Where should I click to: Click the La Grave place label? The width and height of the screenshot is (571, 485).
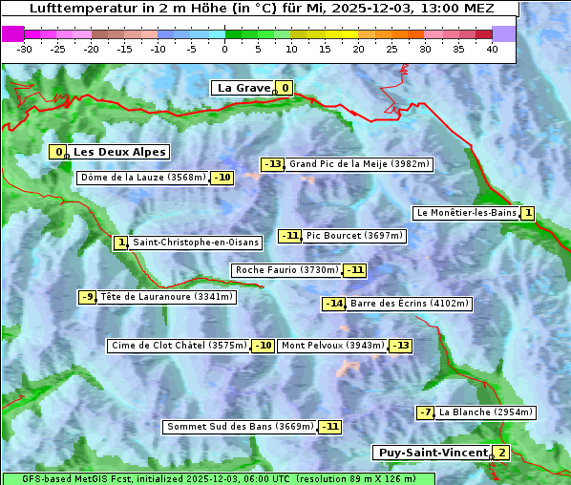244,88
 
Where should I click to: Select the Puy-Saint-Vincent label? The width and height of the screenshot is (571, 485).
434,453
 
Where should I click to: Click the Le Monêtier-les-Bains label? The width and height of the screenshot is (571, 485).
466,213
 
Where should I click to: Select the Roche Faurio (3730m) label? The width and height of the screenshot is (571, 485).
287,270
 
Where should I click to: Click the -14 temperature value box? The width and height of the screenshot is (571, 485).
333,304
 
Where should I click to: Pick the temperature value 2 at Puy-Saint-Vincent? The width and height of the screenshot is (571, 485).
501,453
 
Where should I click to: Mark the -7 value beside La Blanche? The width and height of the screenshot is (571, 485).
425,412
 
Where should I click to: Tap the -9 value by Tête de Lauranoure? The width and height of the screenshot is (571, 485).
88,297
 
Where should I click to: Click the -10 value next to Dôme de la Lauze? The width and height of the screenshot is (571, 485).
222,178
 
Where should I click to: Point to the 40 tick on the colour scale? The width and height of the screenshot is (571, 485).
492,49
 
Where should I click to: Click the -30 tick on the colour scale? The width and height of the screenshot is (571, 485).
25,49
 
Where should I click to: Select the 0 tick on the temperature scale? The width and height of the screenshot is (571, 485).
224,49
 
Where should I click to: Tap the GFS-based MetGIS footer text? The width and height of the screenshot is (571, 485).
76,478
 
